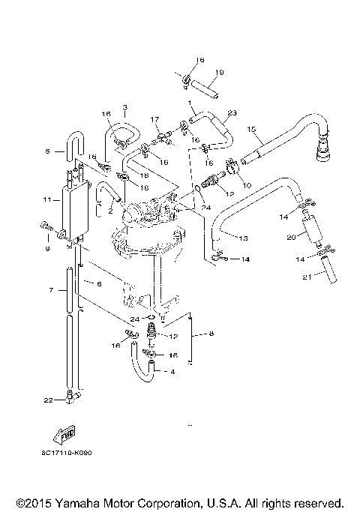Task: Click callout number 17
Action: click(x=154, y=118)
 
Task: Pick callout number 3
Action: click(x=124, y=108)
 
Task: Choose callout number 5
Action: click(x=48, y=151)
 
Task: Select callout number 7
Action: click(x=51, y=289)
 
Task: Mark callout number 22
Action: click(x=48, y=400)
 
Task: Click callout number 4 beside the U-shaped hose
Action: click(x=173, y=371)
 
